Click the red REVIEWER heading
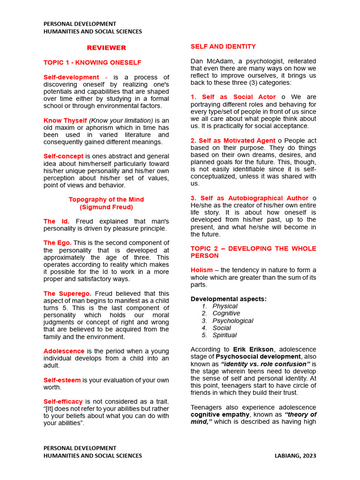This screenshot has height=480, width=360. coord(106,48)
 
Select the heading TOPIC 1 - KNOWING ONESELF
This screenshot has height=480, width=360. coord(92,62)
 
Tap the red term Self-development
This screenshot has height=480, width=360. coord(71,77)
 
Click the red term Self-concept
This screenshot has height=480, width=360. coord(63,156)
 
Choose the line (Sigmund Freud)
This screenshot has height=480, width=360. coord(106,207)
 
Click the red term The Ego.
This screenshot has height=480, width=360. coord(57,243)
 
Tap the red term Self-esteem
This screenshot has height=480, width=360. coord(62,380)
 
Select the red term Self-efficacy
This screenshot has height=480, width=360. coord(63,401)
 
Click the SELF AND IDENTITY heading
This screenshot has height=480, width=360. coord(223,46)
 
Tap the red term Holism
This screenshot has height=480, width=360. coord(202,270)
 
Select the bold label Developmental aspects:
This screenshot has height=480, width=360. coord(228,299)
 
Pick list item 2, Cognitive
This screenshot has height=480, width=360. coord(226,313)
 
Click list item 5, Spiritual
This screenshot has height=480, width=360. coord(225,335)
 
